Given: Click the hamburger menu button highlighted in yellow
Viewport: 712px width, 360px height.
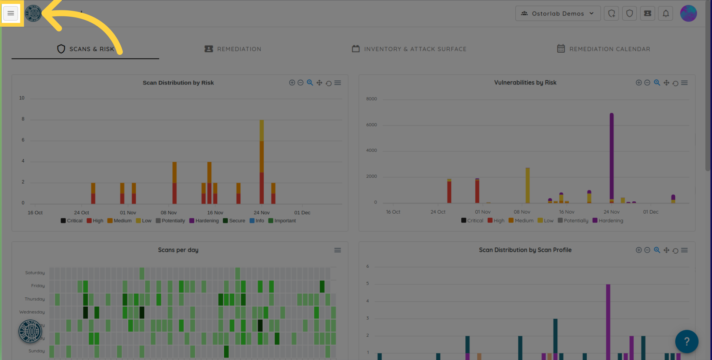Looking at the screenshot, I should (11, 13).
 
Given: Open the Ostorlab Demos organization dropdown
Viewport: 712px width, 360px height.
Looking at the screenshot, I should (558, 13).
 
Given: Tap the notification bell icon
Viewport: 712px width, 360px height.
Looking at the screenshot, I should (666, 13).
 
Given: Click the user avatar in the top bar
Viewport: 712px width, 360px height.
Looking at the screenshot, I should (688, 13).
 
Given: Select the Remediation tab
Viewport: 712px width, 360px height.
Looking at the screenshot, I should (233, 49).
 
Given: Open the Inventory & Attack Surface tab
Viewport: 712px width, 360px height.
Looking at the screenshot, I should (409, 49).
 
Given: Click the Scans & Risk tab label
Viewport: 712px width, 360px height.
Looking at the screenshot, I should (92, 49).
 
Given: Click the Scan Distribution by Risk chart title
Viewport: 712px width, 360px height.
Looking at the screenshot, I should (178, 83).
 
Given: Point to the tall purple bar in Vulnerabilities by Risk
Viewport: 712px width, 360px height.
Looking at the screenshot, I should (612, 156).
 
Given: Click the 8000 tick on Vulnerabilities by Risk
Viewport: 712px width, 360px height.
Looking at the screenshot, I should (371, 99).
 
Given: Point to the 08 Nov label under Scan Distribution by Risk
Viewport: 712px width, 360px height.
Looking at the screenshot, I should (168, 213).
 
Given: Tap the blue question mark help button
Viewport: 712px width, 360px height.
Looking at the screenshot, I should (686, 341).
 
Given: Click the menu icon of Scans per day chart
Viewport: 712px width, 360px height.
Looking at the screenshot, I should (337, 250).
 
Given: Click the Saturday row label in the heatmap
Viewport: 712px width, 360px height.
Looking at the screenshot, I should (35, 273).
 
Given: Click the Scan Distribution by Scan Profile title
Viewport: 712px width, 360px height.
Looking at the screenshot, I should (525, 250).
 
